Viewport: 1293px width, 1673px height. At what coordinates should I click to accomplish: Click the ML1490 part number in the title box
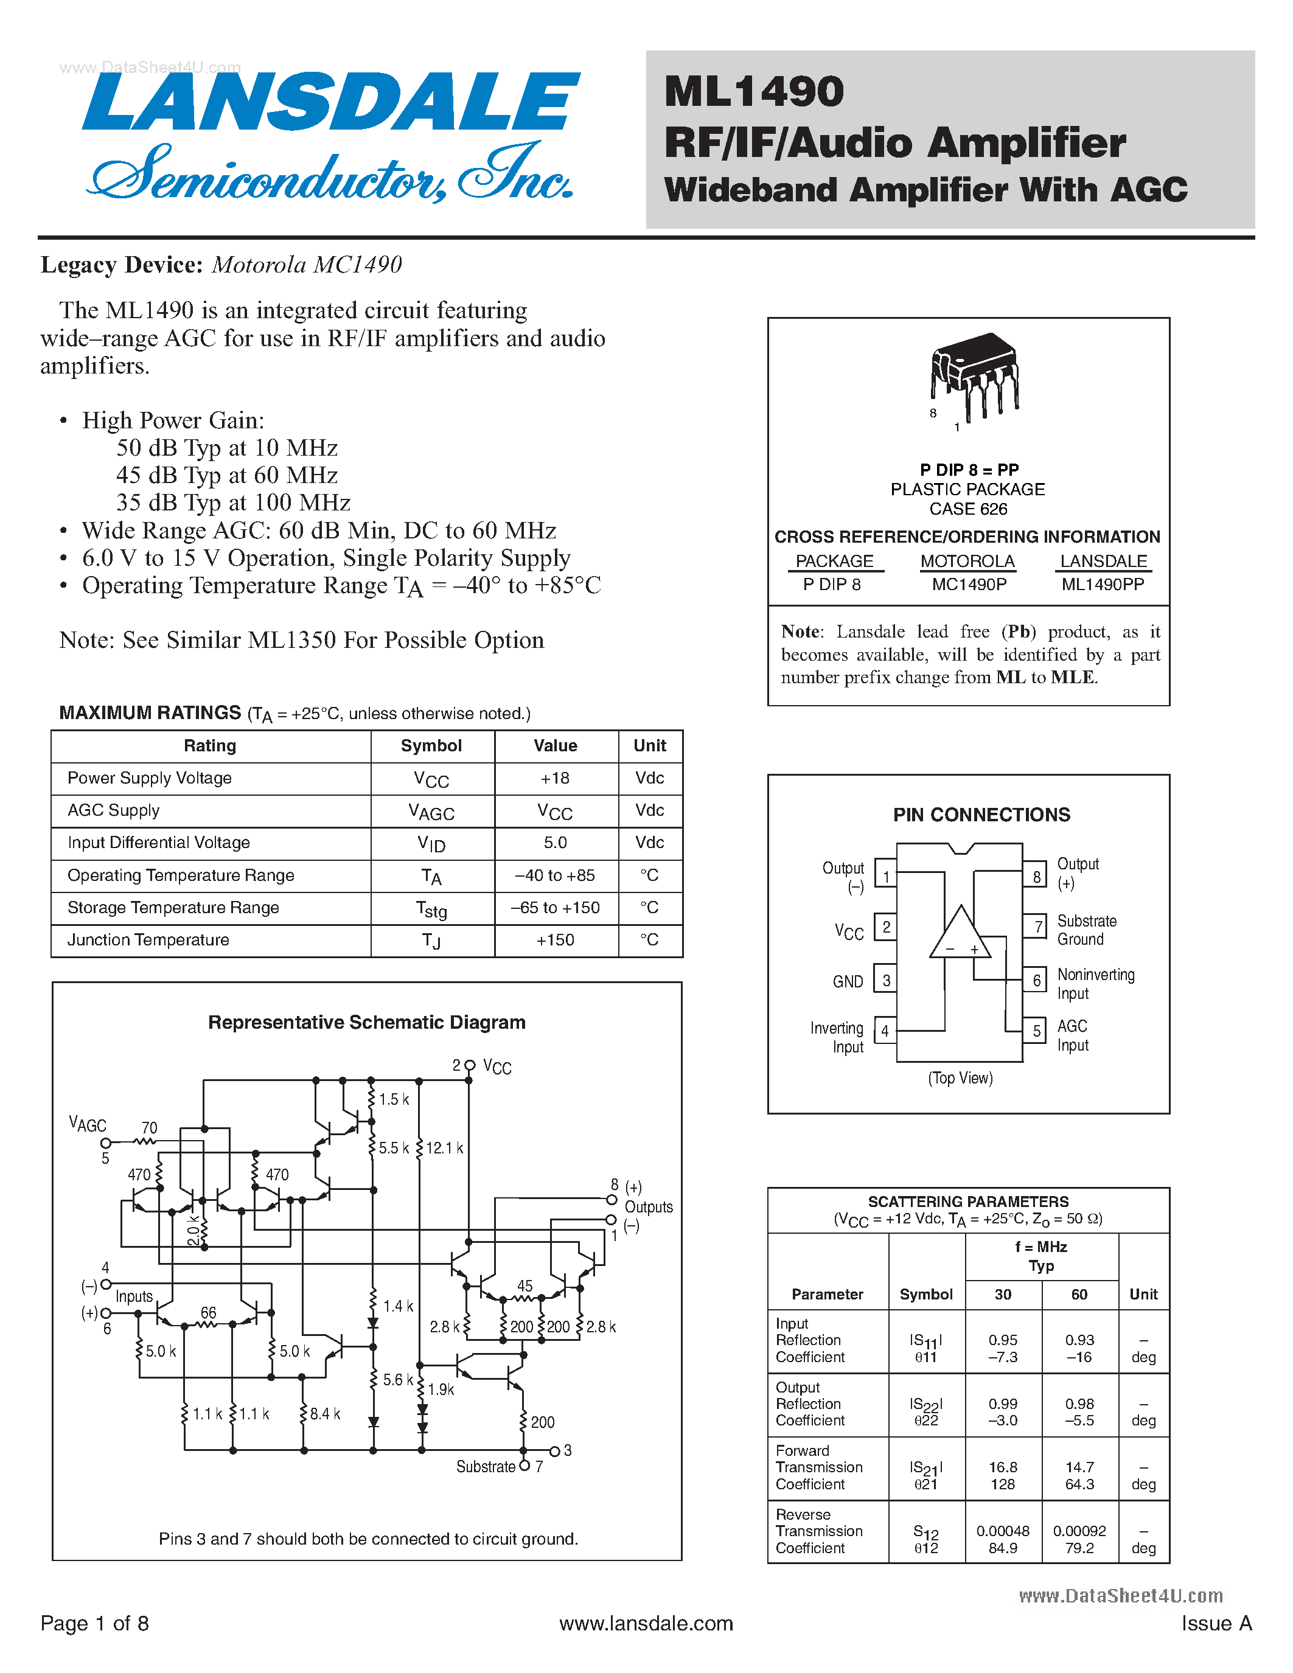(754, 92)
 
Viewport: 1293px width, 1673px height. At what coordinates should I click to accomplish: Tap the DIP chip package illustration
(974, 375)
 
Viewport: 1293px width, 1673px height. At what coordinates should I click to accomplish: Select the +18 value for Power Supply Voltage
(556, 778)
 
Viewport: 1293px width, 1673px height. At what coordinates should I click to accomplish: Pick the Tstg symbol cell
(432, 908)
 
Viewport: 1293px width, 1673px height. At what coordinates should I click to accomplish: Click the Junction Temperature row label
(148, 940)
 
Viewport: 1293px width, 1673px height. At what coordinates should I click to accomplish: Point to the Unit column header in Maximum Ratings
(650, 746)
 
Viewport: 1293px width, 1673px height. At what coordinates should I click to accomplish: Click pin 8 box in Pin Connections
(1036, 876)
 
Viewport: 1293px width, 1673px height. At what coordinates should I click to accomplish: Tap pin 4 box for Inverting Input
(885, 1031)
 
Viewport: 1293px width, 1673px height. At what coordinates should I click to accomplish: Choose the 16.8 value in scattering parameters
(1003, 1467)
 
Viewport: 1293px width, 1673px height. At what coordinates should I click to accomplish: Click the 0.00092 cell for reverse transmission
(1079, 1531)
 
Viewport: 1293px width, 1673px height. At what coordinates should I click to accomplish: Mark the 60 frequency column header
(1079, 1294)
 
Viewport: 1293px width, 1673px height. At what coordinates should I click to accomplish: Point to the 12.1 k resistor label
(444, 1148)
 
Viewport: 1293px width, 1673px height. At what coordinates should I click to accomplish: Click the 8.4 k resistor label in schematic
(325, 1413)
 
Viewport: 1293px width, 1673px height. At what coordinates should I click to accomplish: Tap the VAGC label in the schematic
(88, 1124)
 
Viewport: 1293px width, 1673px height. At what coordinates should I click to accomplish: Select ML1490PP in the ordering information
(1103, 585)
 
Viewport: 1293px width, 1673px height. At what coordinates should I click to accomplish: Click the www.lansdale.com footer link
(646, 1623)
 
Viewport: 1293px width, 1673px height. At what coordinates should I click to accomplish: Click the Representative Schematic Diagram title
(367, 1023)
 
